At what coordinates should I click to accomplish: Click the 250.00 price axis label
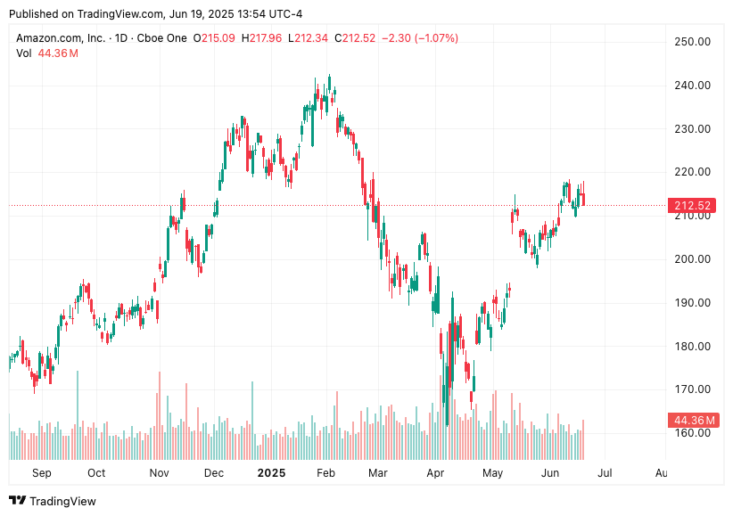(691, 42)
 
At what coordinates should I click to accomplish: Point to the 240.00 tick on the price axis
(691, 86)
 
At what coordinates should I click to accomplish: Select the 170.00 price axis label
(691, 389)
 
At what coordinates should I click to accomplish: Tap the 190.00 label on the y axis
(691, 303)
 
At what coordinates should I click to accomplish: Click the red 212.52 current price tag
(692, 206)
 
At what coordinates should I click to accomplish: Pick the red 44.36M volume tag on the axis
(692, 420)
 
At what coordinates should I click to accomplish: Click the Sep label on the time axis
(41, 473)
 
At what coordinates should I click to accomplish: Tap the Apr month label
(435, 473)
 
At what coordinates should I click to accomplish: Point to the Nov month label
(159, 473)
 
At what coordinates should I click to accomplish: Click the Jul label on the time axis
(605, 473)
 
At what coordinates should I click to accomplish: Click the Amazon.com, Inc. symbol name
(60, 38)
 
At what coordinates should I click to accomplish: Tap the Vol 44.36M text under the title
(47, 53)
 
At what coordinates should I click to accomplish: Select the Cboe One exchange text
(163, 38)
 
